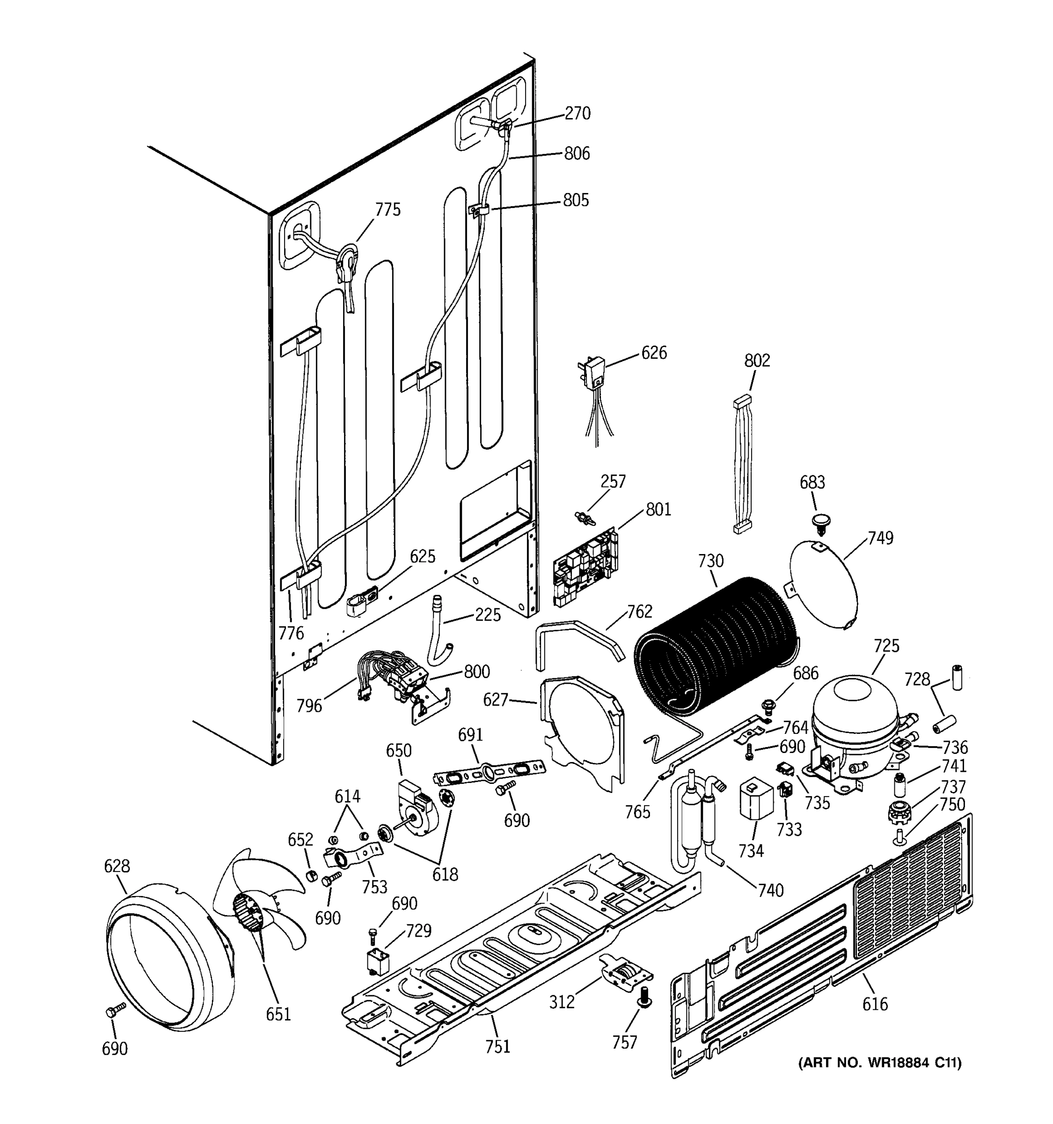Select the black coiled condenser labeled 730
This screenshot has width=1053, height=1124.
pos(715,647)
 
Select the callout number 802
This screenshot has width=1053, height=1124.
pos(756,360)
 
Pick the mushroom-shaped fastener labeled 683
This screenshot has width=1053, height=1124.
pos(819,521)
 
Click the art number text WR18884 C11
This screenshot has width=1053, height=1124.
pos(879,1062)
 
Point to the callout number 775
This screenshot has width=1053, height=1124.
pos(388,210)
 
